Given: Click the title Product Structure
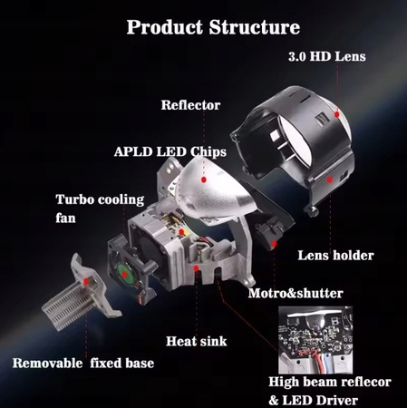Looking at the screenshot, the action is coord(213,27).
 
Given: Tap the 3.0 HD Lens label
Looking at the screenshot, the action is coord(327,56).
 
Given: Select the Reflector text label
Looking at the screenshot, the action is coord(190,105).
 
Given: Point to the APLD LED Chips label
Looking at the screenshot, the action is coord(170,151).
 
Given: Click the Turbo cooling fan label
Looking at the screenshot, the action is coord(100,209).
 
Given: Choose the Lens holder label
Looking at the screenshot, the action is coord(335,256).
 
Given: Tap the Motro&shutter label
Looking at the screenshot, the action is coord(296,293).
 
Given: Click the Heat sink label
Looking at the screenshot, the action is coord(197,341).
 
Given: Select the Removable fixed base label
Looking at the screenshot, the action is coord(83,363).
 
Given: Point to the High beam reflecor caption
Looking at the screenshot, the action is coord(330,382).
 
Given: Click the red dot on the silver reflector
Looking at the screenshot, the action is coord(204,180).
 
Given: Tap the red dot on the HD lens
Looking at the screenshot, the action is coord(336,114).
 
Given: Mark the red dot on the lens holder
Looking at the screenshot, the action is coord(329,180).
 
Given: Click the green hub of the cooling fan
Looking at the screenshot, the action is coord(125,274).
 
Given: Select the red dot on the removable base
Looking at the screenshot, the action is coord(87,281).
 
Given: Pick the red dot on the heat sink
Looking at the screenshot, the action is coord(197,268).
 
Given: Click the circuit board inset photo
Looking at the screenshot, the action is coord(315,340).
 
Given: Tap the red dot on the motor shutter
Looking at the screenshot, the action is coord(274,243).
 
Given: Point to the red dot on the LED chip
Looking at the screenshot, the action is coord(181,232).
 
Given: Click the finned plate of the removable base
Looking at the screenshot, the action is coord(70,306).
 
